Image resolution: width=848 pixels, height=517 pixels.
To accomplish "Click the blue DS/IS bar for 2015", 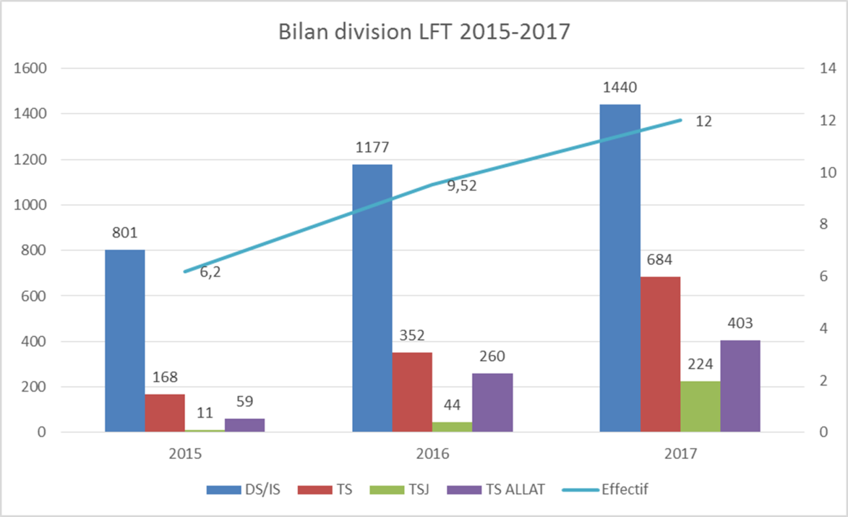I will pyautogui.click(x=125, y=341).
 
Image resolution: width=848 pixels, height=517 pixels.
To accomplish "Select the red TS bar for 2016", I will pyautogui.click(x=412, y=392).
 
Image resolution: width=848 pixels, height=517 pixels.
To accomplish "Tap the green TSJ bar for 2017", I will pyautogui.click(x=700, y=406).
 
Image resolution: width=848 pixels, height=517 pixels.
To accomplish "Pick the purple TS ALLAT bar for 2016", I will pyautogui.click(x=492, y=402).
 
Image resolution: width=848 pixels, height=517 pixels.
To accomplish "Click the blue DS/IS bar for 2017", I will pyautogui.click(x=619, y=268).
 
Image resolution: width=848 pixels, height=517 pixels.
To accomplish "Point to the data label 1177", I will pyautogui.click(x=372, y=148).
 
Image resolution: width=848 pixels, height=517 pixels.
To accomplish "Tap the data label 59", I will pyautogui.click(x=245, y=401).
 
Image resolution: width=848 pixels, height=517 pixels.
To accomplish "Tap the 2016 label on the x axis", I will pyautogui.click(x=432, y=453).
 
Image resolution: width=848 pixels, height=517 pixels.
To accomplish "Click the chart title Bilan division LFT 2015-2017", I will pyautogui.click(x=425, y=33).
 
